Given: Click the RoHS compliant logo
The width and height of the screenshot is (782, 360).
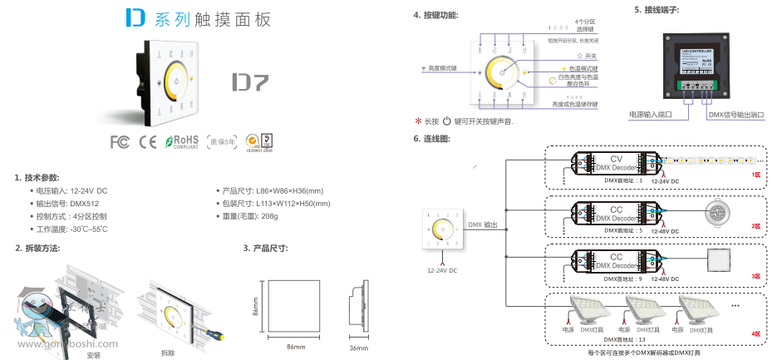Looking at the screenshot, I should tap(182, 141).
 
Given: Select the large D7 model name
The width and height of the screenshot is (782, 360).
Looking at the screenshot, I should tap(249, 83).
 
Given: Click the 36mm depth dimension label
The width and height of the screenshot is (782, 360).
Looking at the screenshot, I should tap(358, 348).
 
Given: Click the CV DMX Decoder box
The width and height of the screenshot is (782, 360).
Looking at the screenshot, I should tap(616, 164).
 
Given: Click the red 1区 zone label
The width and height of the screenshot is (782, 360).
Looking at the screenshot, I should tap(756, 175).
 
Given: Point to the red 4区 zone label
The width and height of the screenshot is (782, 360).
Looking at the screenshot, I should tap(756, 333).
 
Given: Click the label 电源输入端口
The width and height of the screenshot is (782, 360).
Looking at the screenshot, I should tap(650, 114).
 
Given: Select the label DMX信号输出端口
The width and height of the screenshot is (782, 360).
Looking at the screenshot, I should tap(735, 114).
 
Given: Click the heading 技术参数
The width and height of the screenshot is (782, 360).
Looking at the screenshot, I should tap(37, 177).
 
